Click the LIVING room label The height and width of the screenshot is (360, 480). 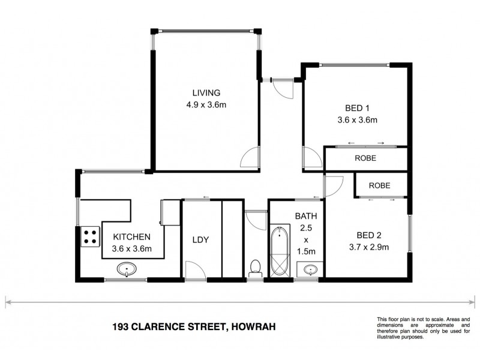(206, 93)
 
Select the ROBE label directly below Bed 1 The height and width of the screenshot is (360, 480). (365, 159)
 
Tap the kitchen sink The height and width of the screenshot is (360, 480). (127, 269)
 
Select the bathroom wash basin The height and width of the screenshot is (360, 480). (310, 269)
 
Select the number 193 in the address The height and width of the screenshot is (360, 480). (121, 327)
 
